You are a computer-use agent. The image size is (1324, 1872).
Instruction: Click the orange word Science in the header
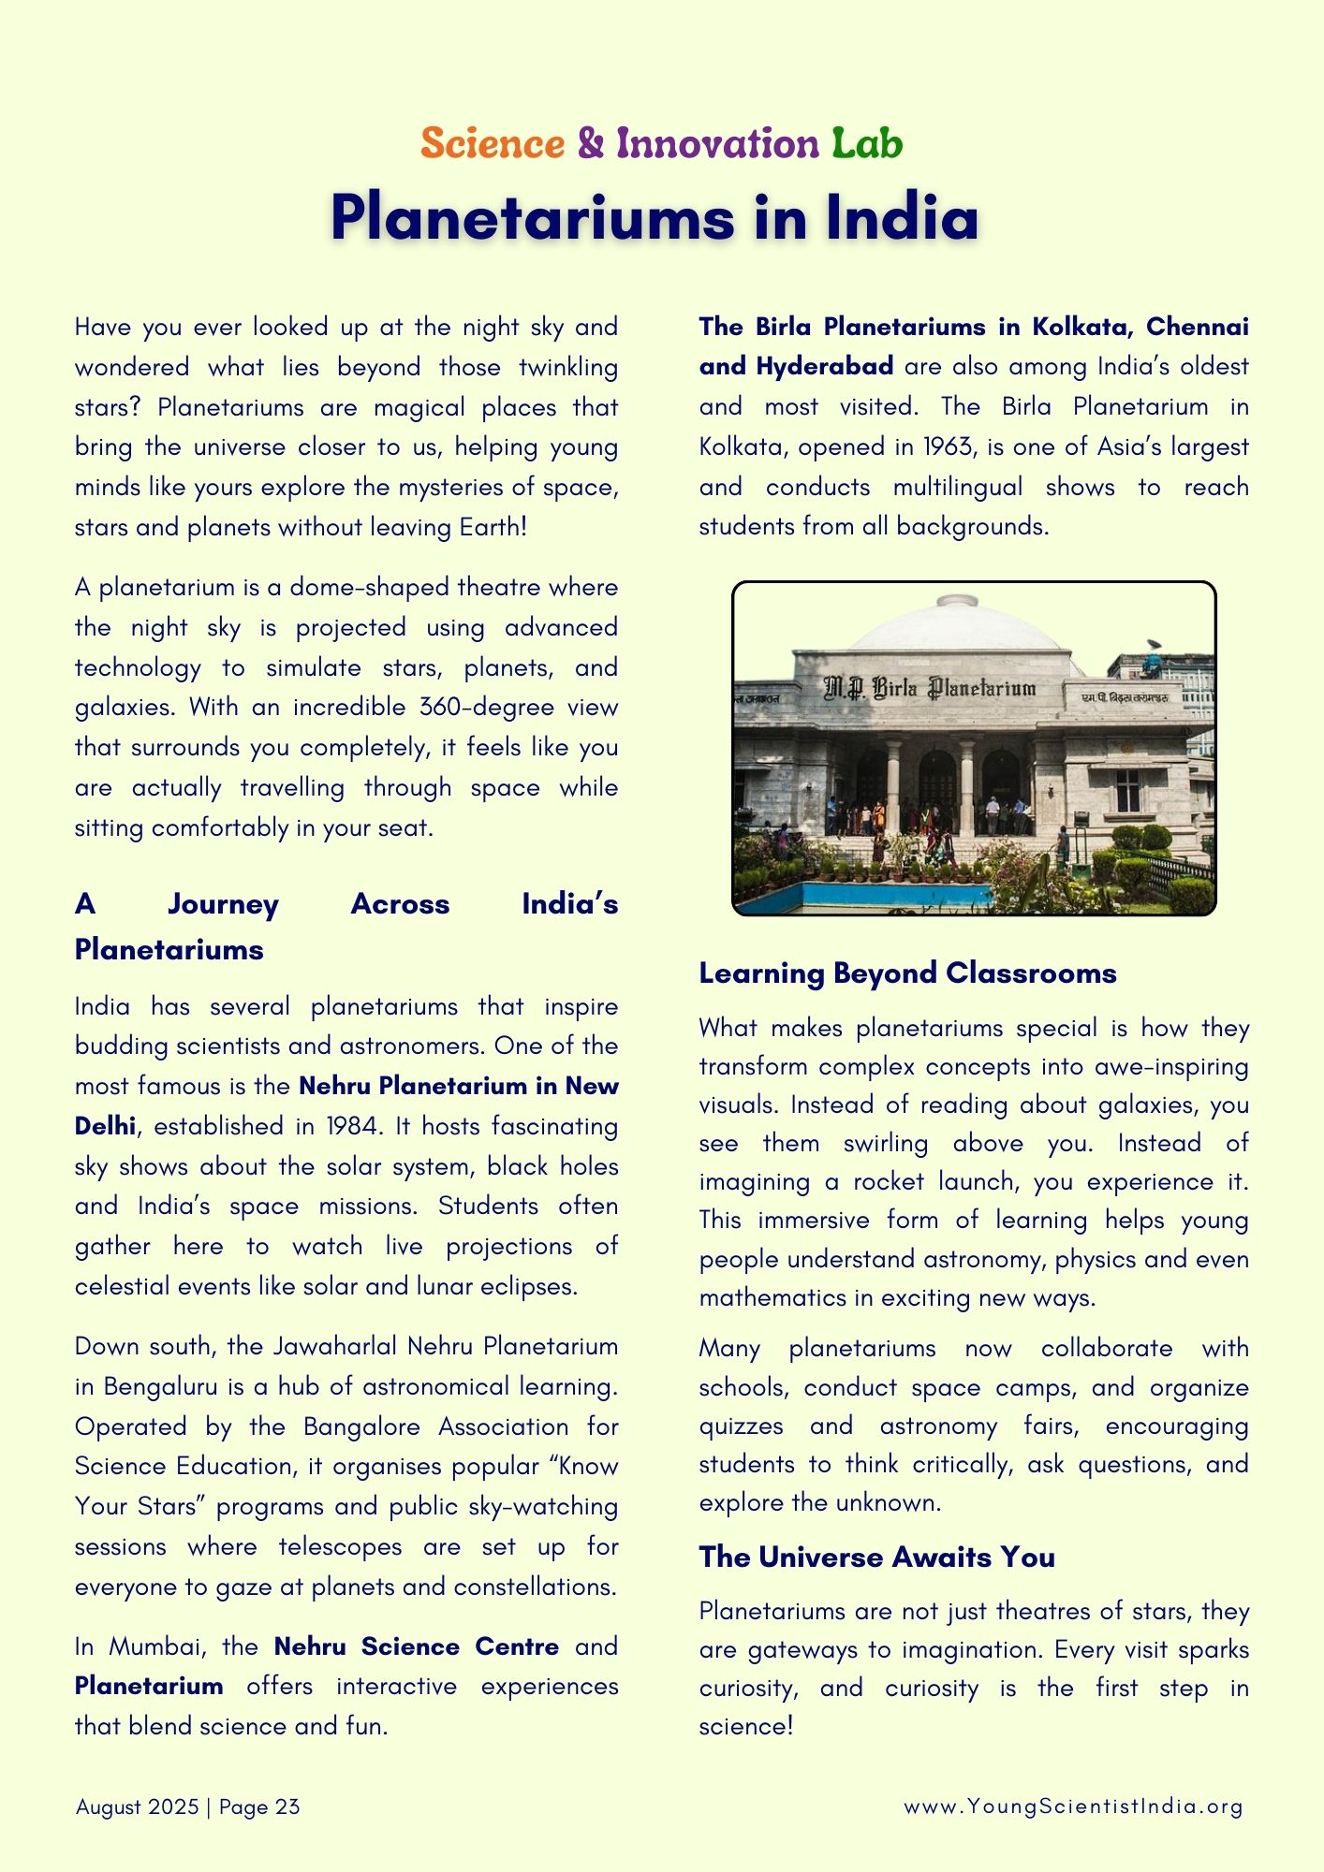coord(493,144)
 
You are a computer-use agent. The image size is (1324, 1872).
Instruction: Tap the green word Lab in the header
coord(867,144)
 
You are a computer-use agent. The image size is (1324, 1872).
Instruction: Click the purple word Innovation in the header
coord(717,144)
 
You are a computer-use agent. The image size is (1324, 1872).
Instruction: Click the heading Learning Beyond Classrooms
coord(907,973)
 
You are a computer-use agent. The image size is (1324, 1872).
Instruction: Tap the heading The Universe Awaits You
coord(876,1557)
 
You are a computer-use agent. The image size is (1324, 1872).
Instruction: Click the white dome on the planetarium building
coord(959,626)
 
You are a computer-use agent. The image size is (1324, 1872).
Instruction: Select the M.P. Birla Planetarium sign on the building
coord(930,689)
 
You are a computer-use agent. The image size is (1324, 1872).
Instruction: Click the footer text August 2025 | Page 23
coord(187,1806)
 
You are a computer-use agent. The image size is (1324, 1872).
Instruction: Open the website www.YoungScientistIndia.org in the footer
coord(1073,1806)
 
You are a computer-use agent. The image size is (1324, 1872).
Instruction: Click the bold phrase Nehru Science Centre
coord(416,1646)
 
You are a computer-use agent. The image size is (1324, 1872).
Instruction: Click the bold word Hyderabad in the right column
coord(824,366)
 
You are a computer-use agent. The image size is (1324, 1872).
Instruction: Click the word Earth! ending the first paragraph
coord(493,527)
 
